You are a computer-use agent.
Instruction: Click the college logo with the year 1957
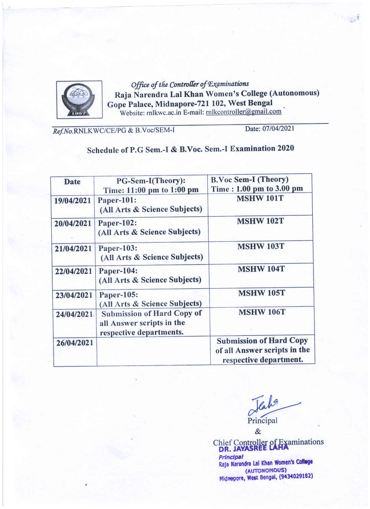pyautogui.click(x=79, y=100)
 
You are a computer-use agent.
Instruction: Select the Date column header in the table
pyautogui.click(x=72, y=182)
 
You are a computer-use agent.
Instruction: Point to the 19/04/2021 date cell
pyautogui.click(x=73, y=201)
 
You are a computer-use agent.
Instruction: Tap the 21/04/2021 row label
pyautogui.click(x=73, y=249)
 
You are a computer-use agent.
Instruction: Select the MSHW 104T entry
pyautogui.click(x=261, y=269)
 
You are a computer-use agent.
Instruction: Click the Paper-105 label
pyautogui.click(x=119, y=295)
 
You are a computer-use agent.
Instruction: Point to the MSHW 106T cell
pyautogui.click(x=262, y=312)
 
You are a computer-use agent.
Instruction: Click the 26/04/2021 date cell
pyautogui.click(x=75, y=343)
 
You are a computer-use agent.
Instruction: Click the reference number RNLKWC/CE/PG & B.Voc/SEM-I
pyautogui.click(x=124, y=131)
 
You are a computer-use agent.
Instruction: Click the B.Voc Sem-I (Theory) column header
pyautogui.click(x=250, y=180)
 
